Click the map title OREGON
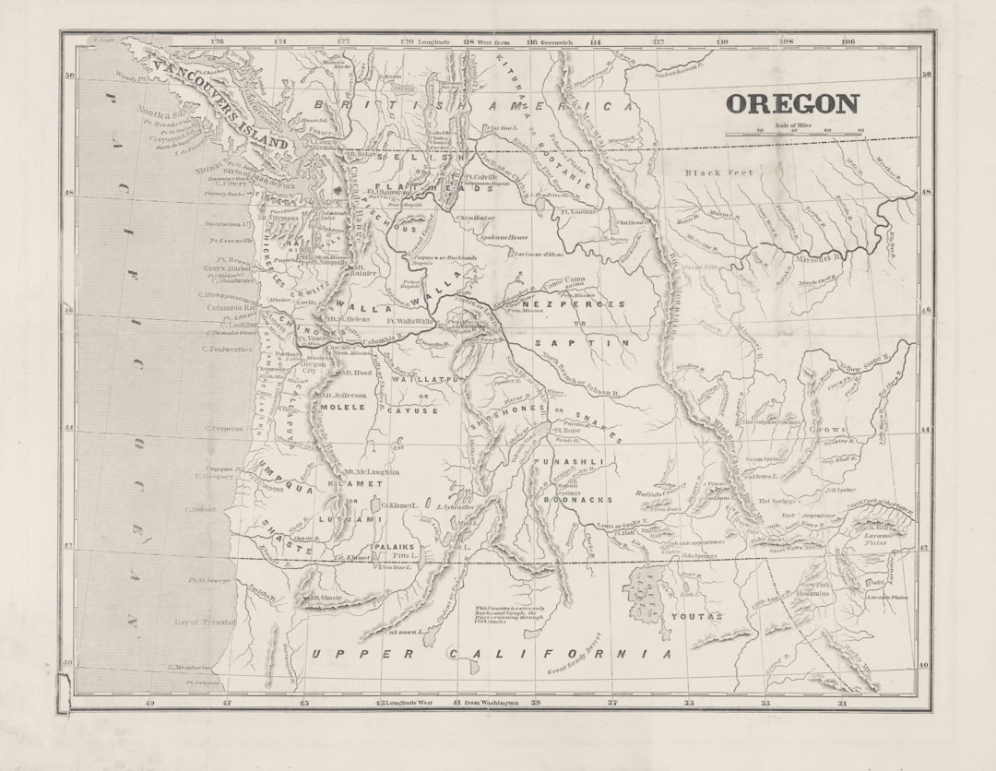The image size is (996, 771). tap(792, 103)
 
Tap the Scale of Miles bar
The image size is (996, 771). tap(794, 135)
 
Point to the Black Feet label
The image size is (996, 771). tap(718, 172)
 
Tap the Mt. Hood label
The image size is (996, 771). tap(357, 373)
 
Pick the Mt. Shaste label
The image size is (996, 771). tap(326, 598)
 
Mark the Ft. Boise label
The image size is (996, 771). tap(566, 430)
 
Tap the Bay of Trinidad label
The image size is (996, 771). tap(205, 623)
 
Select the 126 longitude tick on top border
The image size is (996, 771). tap(217, 42)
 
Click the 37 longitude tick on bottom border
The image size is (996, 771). tap(612, 703)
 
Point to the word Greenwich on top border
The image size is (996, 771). tap(551, 42)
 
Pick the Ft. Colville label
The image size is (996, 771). tap(480, 176)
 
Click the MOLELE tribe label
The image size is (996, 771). tap(343, 406)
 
